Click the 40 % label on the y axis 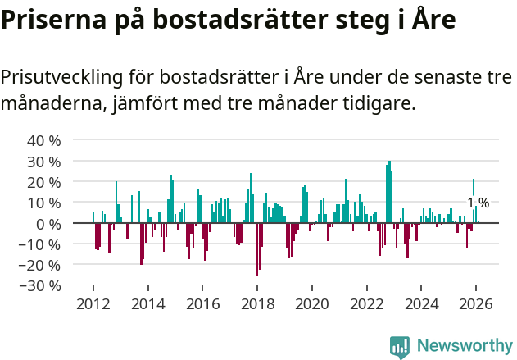44,140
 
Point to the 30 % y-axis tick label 44,161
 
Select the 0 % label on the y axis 48,223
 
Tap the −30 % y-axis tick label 40,285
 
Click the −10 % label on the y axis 40,244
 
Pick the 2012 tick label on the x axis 93,303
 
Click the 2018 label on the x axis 257,303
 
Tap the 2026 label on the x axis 476,303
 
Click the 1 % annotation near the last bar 478,203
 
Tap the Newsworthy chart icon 400,347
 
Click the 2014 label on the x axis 147,303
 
